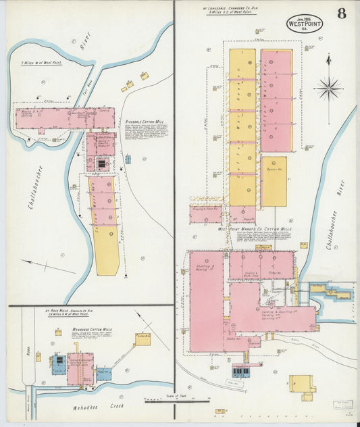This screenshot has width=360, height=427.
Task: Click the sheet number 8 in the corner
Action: [x=342, y=14]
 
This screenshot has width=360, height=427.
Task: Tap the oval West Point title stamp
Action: [x=305, y=23]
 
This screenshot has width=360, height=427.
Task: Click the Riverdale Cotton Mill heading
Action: [x=145, y=122]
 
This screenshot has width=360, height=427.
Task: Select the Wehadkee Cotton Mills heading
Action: [x=93, y=329]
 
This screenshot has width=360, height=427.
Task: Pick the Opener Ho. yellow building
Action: [x=274, y=181]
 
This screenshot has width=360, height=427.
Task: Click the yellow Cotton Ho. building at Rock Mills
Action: [x=143, y=338]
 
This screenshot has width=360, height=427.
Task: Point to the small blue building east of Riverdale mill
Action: [x=128, y=159]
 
